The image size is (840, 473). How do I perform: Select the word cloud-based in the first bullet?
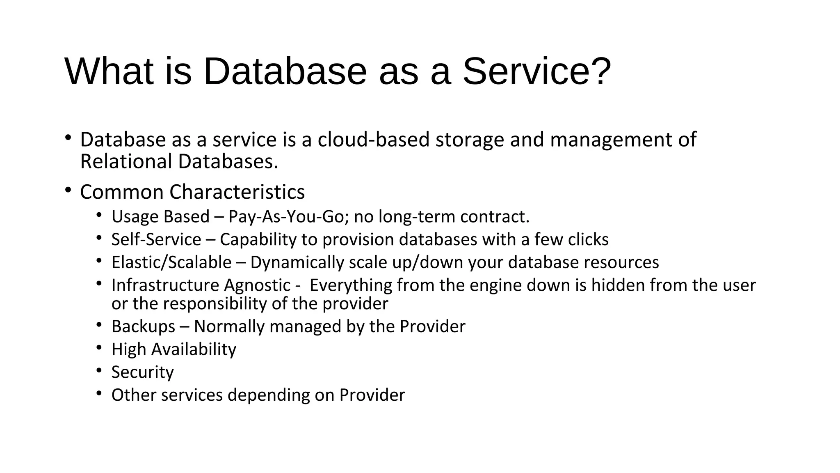(373, 140)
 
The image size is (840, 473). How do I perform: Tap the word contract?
(494, 217)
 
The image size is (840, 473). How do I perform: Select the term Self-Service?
(156, 240)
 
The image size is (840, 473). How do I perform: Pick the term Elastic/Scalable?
(171, 262)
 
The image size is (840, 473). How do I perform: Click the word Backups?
(143, 327)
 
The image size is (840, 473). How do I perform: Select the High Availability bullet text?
(173, 349)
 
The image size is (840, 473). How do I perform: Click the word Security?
(142, 372)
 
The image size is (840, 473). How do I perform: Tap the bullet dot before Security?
(99, 370)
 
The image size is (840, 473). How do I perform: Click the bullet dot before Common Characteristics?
(68, 190)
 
